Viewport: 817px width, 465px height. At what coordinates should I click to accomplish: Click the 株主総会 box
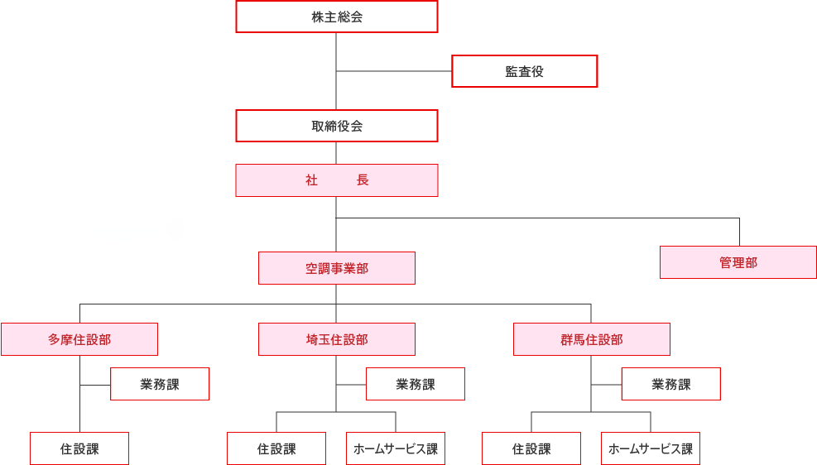(336, 17)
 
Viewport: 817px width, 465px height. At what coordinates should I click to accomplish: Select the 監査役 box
(524, 71)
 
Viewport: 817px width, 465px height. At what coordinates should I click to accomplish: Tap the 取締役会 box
(336, 126)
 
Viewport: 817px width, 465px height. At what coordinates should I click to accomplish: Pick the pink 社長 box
(336, 180)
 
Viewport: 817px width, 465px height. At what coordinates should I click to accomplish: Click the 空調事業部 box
(336, 268)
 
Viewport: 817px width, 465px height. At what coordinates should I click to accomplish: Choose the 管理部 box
(738, 262)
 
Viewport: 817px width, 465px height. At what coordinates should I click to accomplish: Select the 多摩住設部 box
(79, 339)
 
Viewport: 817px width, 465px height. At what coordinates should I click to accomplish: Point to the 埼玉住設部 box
(336, 339)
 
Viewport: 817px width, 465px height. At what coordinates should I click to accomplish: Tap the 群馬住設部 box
(591, 339)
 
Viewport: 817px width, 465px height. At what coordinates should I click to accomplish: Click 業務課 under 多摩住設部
(160, 384)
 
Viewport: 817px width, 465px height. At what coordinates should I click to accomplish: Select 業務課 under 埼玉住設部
(415, 384)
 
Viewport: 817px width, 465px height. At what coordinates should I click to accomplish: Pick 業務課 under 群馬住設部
(670, 384)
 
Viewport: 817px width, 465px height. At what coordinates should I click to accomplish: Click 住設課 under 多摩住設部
(79, 448)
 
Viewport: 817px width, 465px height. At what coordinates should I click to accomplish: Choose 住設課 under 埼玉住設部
(276, 448)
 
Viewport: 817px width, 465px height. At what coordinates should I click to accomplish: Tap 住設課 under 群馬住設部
(531, 448)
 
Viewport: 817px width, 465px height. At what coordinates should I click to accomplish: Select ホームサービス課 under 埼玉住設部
(396, 448)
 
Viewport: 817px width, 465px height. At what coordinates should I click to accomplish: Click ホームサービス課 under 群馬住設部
(651, 448)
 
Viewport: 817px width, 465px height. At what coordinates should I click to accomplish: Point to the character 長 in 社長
(363, 180)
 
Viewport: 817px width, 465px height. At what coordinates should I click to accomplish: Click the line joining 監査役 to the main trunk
(394, 71)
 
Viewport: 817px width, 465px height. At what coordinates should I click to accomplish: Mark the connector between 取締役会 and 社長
(336, 153)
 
